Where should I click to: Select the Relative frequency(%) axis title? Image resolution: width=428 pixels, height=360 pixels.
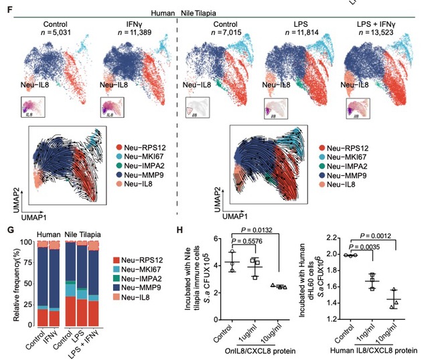point(10,282)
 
